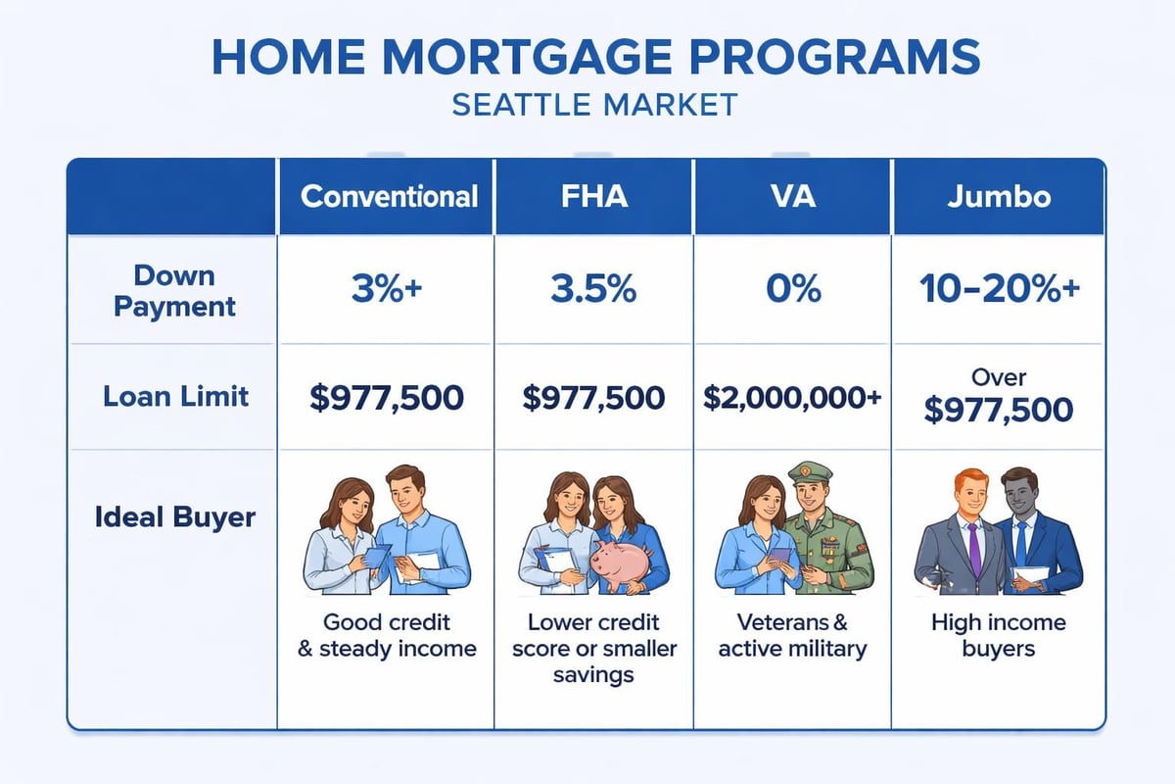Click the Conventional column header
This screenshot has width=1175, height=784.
(389, 196)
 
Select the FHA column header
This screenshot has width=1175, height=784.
(593, 196)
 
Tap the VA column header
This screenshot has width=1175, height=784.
(792, 196)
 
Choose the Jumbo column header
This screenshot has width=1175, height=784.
(999, 196)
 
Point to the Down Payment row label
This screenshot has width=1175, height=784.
(173, 290)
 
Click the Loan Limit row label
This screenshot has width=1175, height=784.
(176, 397)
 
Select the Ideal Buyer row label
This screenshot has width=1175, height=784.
(174, 516)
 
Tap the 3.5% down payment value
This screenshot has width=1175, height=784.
(593, 291)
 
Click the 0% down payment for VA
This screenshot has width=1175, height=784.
(792, 291)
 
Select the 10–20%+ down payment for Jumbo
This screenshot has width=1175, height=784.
(999, 291)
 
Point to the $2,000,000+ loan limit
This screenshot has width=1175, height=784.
(792, 398)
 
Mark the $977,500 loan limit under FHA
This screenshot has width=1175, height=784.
(593, 398)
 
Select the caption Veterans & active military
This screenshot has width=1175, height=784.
(792, 636)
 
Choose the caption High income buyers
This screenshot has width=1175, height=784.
(999, 636)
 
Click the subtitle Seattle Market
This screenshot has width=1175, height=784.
(593, 105)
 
